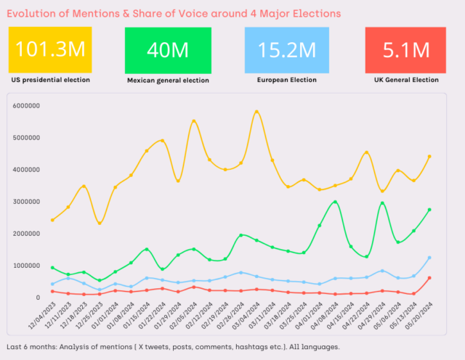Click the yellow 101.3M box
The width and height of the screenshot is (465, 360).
pos(50,49)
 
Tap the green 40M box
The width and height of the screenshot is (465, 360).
pos(168,49)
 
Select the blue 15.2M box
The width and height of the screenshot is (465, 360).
pos(287,49)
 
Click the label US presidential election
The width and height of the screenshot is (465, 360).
pos(50,80)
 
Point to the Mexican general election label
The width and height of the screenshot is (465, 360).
pos(168,80)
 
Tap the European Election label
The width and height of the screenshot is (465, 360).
pos(287,80)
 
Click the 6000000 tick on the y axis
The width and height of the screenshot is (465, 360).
pos(27,105)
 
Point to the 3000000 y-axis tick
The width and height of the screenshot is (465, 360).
pos(27,202)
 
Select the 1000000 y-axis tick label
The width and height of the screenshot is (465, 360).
pos(27,266)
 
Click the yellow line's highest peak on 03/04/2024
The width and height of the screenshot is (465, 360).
pos(256,112)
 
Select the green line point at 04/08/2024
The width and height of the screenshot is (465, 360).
pos(335,202)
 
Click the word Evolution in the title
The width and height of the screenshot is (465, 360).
pos(31,14)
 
